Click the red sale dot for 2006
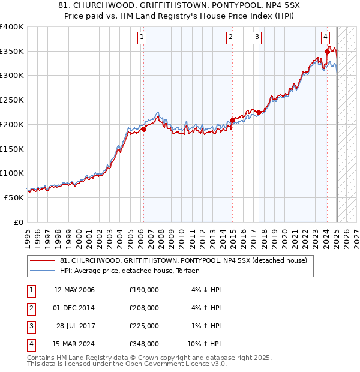click(144, 129)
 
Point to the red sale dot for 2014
click(232, 121)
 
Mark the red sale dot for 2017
click(259, 112)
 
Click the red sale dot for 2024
click(327, 52)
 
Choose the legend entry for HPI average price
click(130, 271)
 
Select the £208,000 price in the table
click(144, 308)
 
